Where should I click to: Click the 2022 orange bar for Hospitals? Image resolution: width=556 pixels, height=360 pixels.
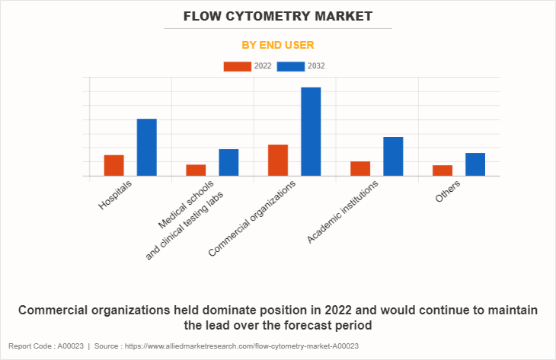point(114,165)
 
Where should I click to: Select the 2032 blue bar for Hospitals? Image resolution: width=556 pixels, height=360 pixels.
point(147,148)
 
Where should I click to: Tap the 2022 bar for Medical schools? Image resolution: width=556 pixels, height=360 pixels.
point(196,170)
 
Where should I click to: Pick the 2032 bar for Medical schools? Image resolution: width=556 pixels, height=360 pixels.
point(228,162)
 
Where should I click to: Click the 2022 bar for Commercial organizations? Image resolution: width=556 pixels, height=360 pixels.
point(278,160)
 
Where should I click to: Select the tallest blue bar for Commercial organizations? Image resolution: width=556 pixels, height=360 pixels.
point(311,132)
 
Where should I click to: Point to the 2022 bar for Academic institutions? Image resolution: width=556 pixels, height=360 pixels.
point(360,168)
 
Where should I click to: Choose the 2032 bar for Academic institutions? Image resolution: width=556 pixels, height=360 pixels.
point(393,156)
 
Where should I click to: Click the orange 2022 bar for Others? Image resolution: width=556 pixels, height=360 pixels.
point(443,170)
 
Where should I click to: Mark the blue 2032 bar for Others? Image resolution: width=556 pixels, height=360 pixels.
point(475,164)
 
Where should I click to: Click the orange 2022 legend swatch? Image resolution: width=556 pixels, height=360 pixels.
point(237,66)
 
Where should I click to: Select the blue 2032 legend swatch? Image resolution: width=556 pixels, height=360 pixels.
point(291,66)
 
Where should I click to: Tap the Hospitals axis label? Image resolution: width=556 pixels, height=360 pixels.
point(116,196)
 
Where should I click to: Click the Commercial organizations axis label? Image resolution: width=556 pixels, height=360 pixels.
point(252,218)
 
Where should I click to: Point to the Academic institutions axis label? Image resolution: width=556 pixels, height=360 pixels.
point(343,213)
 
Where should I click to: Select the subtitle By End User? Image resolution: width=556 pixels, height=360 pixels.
point(277,45)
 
